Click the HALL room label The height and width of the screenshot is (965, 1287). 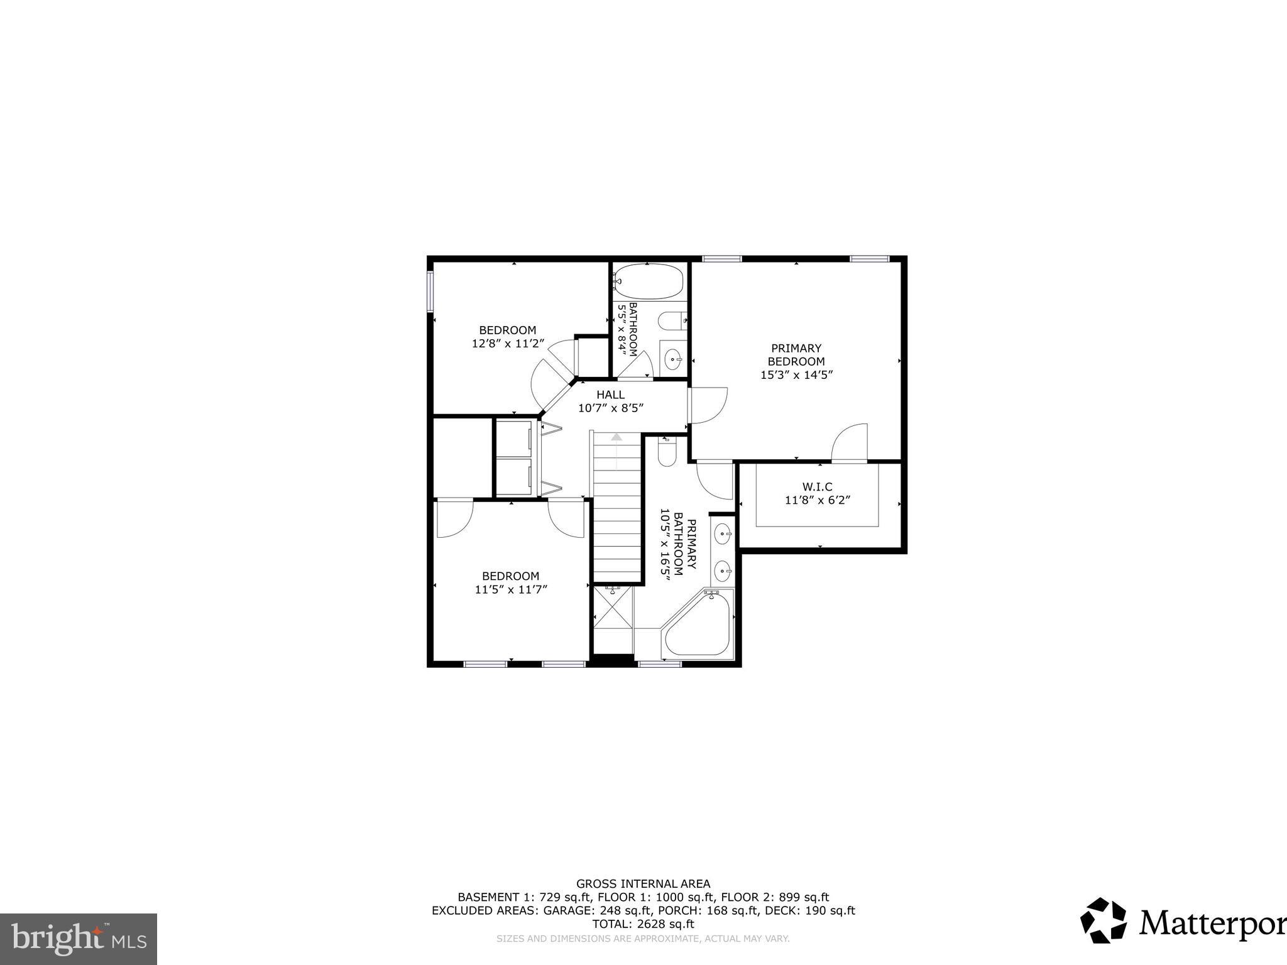tap(610, 395)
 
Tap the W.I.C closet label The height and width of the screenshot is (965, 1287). tap(817, 487)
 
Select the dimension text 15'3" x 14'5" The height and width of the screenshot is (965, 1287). tap(796, 375)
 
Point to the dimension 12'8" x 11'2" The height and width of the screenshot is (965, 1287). tap(508, 344)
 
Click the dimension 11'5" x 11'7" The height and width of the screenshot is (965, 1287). tap(511, 589)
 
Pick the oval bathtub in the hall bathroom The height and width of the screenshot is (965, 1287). tap(648, 281)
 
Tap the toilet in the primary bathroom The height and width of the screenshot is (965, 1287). tap(667, 452)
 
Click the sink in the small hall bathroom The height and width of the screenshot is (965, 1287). tap(674, 360)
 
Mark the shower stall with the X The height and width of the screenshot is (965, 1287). tap(613, 618)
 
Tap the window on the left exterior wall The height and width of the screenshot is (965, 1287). tap(430, 291)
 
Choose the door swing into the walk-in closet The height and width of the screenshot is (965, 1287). tap(849, 443)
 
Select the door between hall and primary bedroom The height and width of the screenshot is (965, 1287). tap(708, 405)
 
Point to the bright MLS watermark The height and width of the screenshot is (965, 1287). tap(79, 939)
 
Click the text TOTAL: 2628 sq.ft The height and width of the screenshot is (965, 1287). tap(643, 924)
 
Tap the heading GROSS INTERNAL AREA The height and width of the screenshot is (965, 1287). tap(643, 883)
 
